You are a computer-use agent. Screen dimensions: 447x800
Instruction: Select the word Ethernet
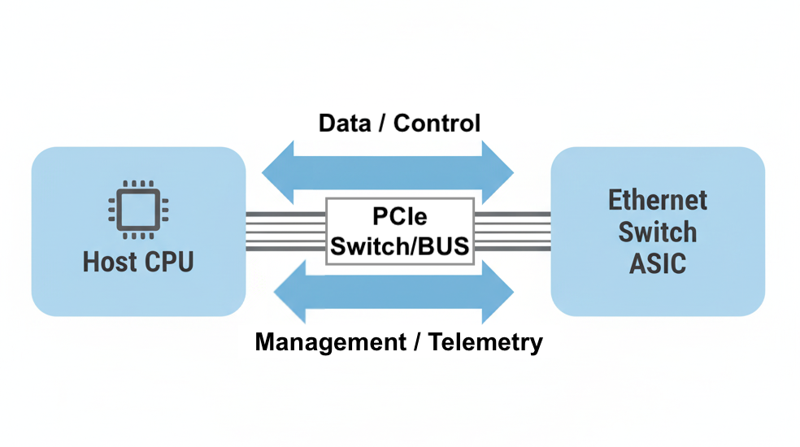[x=658, y=200]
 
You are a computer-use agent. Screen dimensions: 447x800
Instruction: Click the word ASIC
[x=658, y=264]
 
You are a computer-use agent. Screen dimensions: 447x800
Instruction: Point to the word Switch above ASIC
[x=658, y=232]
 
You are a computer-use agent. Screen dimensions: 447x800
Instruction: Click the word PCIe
[x=399, y=217]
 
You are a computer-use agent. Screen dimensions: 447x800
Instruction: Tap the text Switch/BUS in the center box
[x=399, y=245]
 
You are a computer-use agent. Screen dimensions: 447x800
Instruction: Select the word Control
[x=437, y=124]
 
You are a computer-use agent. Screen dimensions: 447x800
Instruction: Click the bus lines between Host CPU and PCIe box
[x=285, y=231]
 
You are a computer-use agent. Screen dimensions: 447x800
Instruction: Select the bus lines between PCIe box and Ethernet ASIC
[x=512, y=231]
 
